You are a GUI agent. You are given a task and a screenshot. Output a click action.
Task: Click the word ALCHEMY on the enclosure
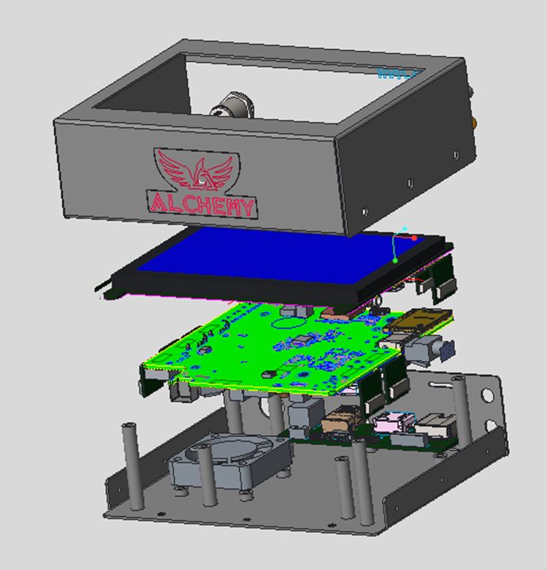click(x=202, y=205)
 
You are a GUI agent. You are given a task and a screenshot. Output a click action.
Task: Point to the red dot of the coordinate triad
click(x=414, y=237)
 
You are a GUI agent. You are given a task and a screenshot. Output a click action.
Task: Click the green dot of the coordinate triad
click(x=395, y=260)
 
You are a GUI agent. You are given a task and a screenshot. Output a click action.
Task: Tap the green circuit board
click(x=261, y=348)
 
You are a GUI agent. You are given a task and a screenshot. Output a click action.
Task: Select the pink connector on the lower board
click(x=393, y=424)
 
